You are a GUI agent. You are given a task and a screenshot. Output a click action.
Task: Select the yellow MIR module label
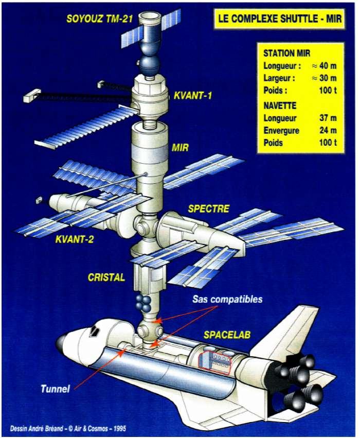pos(180,148)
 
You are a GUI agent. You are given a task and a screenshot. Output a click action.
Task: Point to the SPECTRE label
pos(208,209)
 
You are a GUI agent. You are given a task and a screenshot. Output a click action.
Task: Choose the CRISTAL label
pos(106,277)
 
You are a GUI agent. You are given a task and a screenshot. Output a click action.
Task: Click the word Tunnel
pos(55,389)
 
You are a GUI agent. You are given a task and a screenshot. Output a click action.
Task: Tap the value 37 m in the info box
pos(327,118)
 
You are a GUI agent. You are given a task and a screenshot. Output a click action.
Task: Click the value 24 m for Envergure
pos(327,130)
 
